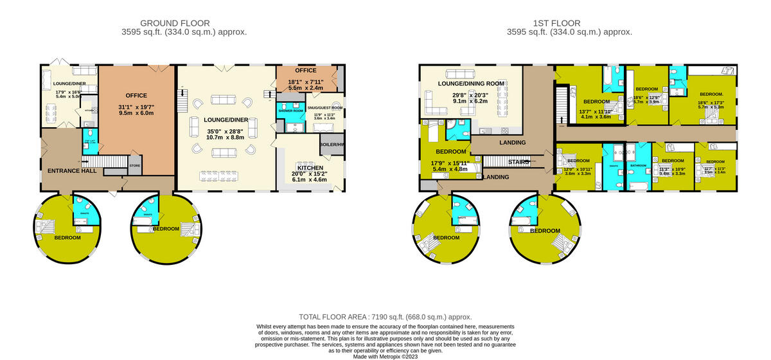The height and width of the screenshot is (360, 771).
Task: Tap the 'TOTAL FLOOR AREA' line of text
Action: (x=385, y=317)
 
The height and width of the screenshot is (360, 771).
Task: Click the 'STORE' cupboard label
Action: (x=134, y=166)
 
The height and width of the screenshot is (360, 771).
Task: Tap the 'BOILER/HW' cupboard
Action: (x=332, y=145)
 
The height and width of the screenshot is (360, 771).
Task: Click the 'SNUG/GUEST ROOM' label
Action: (x=324, y=108)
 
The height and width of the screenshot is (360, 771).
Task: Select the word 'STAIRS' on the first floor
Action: (x=518, y=163)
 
